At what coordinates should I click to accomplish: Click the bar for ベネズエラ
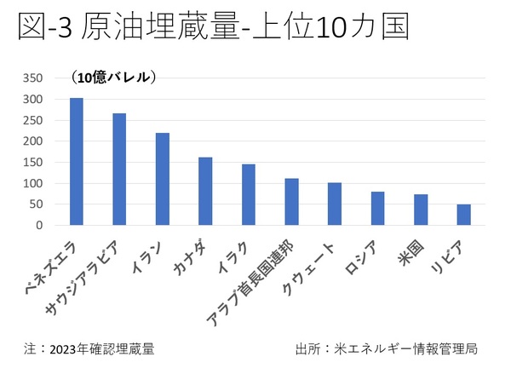(x=76, y=162)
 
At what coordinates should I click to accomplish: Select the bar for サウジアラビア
(x=119, y=170)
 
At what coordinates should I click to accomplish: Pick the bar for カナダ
(x=205, y=192)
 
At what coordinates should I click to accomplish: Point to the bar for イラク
(x=249, y=195)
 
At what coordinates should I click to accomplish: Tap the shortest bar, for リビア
(x=463, y=215)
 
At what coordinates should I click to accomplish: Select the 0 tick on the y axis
(x=37, y=226)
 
